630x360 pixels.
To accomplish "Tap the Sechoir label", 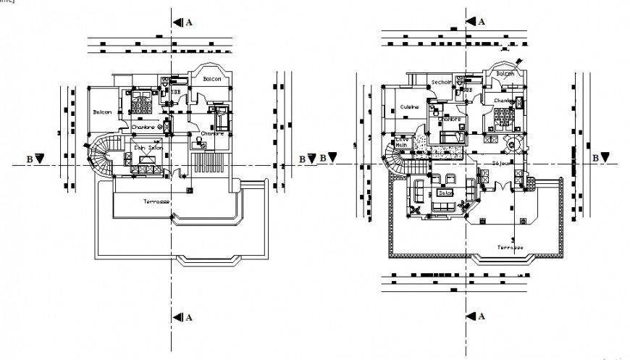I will click(441, 83).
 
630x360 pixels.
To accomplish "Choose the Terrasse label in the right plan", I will click(510, 247).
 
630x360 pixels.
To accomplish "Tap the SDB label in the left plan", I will click(176, 92).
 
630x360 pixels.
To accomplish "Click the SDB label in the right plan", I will click(467, 90).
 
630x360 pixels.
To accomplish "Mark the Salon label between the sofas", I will click(445, 193).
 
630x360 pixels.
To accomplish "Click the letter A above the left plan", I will click(189, 22).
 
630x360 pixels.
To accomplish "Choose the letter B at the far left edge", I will click(30, 157).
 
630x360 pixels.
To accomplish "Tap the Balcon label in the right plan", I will click(505, 74).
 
